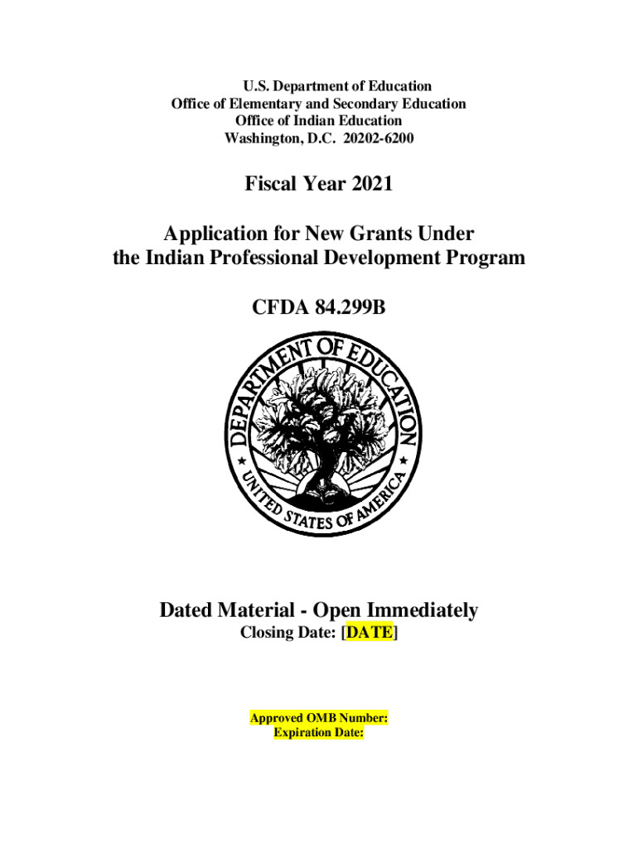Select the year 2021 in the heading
point(372,184)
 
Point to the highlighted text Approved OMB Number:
point(319,719)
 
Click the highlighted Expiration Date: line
point(319,733)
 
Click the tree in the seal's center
point(319,431)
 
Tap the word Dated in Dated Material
point(186,611)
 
